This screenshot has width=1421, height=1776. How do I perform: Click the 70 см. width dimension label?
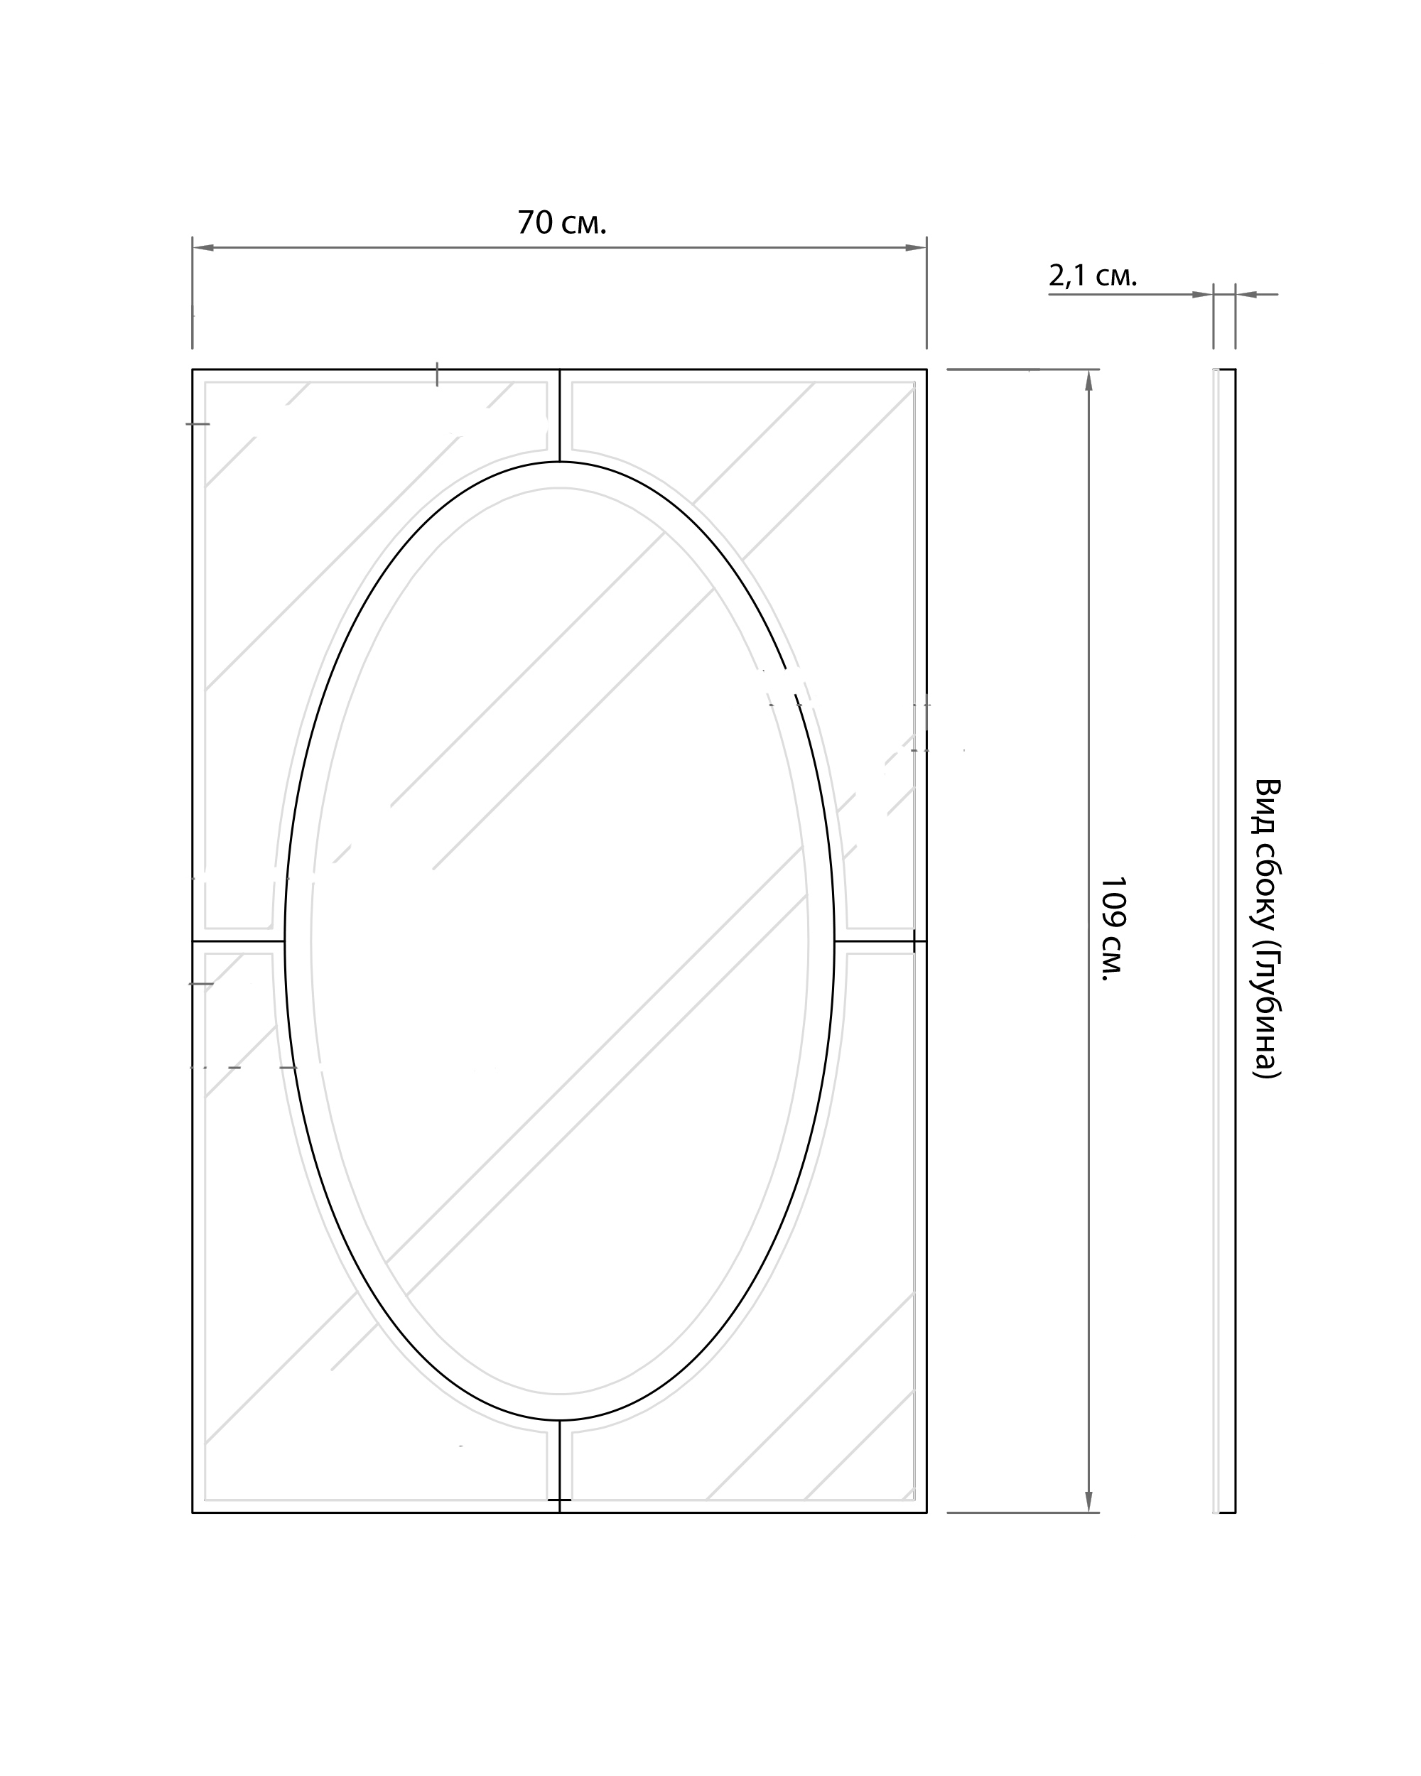pos(562,222)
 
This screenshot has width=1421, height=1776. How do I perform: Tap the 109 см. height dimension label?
pos(1112,928)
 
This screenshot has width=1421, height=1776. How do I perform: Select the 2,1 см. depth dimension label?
pos(1092,276)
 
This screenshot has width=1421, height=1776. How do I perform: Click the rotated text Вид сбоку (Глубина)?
pos(1267,928)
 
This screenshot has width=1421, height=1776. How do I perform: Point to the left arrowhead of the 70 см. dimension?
pos(202,247)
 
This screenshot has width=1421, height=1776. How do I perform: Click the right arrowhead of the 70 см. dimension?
pos(916,247)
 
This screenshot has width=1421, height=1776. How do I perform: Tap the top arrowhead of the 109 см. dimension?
pos(1088,380)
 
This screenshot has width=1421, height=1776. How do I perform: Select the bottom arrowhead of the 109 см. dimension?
pos(1088,1502)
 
